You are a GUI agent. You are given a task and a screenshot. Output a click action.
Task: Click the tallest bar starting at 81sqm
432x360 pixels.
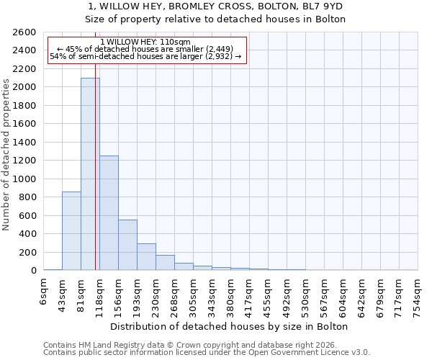pos(90,174)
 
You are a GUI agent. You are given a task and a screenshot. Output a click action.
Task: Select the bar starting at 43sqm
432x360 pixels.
pos(71,230)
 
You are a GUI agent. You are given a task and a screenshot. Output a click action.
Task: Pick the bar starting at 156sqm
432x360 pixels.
pos(127,245)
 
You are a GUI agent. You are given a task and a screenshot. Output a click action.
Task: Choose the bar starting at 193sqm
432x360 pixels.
pos(146,257)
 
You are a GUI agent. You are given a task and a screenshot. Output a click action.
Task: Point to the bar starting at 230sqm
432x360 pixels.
pos(165,263)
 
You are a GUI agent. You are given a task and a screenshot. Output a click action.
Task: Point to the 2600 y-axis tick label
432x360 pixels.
pos(25,32)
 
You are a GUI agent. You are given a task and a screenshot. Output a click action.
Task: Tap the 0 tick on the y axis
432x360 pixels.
pos(34,271)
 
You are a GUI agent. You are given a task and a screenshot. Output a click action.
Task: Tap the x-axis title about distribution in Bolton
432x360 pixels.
pos(230,326)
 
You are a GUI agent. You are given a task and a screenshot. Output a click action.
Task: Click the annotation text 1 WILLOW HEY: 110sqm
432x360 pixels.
pos(145,42)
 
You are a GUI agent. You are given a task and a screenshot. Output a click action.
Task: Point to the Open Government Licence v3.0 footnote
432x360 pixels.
pos(207,353)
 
